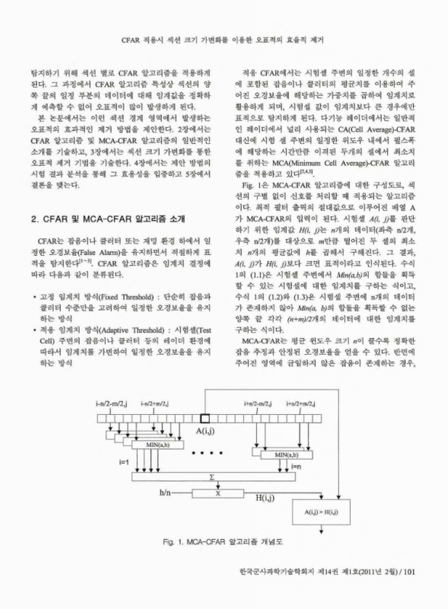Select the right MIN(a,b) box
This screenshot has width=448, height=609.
[285, 454]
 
